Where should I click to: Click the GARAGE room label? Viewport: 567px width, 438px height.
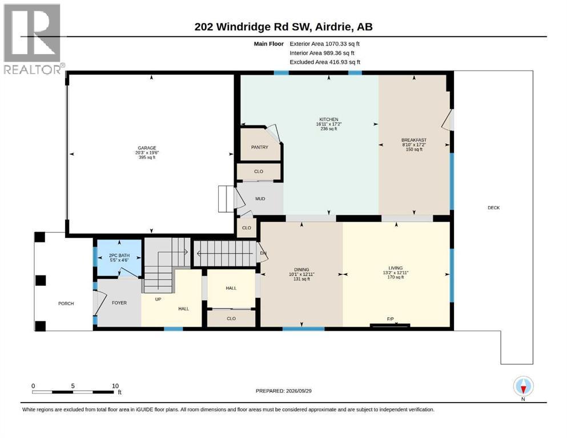click(x=147, y=148)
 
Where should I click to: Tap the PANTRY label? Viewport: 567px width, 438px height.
click(x=260, y=147)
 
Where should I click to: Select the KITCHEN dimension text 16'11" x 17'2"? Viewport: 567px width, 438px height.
click(x=329, y=124)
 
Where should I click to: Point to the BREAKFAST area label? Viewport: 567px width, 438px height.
click(x=414, y=140)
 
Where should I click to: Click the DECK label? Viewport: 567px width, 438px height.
click(x=493, y=208)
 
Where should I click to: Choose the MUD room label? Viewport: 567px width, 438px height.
click(x=260, y=198)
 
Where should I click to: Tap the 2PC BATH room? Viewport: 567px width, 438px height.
click(x=119, y=257)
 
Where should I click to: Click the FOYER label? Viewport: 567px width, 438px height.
click(x=119, y=303)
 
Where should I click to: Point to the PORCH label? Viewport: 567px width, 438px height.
click(x=66, y=303)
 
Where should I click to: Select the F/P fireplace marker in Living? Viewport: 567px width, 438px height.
click(x=390, y=319)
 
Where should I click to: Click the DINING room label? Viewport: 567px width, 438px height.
click(x=301, y=269)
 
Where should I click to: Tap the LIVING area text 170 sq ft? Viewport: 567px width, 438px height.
click(x=396, y=277)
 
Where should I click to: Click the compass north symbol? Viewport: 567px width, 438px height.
click(x=523, y=386)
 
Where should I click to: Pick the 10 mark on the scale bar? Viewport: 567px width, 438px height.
click(x=115, y=386)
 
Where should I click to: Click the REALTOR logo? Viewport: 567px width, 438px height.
click(x=33, y=39)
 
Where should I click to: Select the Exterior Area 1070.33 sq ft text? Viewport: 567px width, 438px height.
click(x=324, y=44)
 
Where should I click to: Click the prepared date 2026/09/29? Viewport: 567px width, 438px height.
click(x=299, y=391)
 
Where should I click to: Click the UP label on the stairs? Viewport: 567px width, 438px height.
click(x=158, y=299)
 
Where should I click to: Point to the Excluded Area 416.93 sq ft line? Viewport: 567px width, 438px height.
click(x=325, y=62)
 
